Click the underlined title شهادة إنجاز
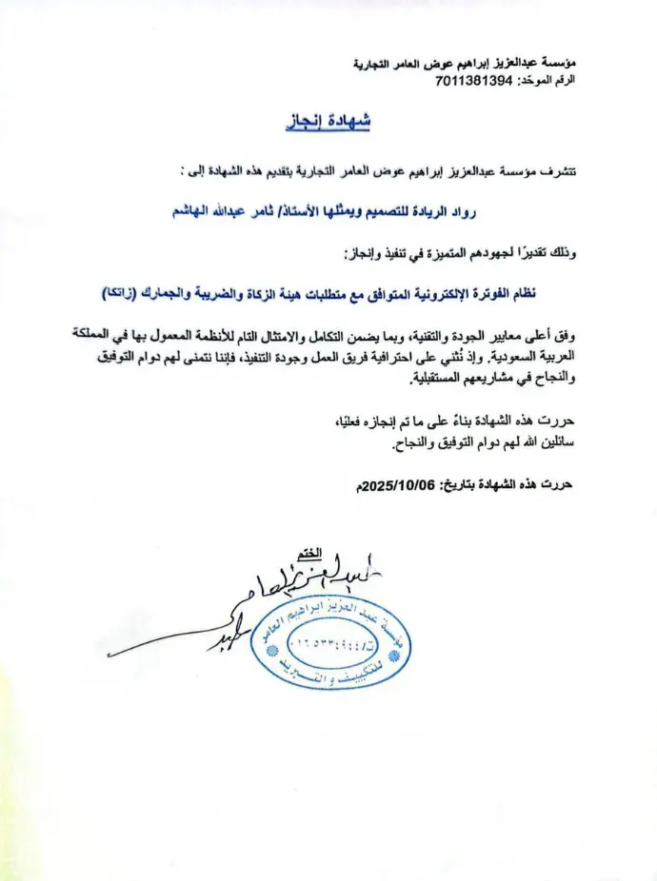328,123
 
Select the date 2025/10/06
392,483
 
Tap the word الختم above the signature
309,554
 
